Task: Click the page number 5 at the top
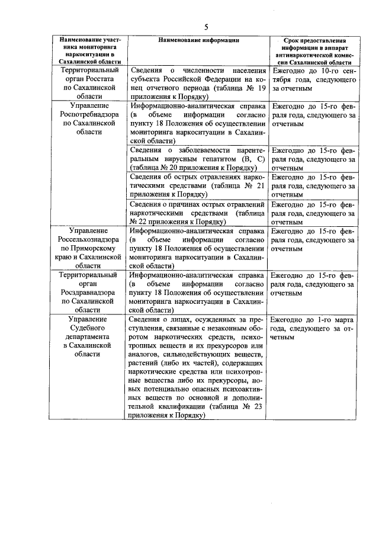coord(206,27)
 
